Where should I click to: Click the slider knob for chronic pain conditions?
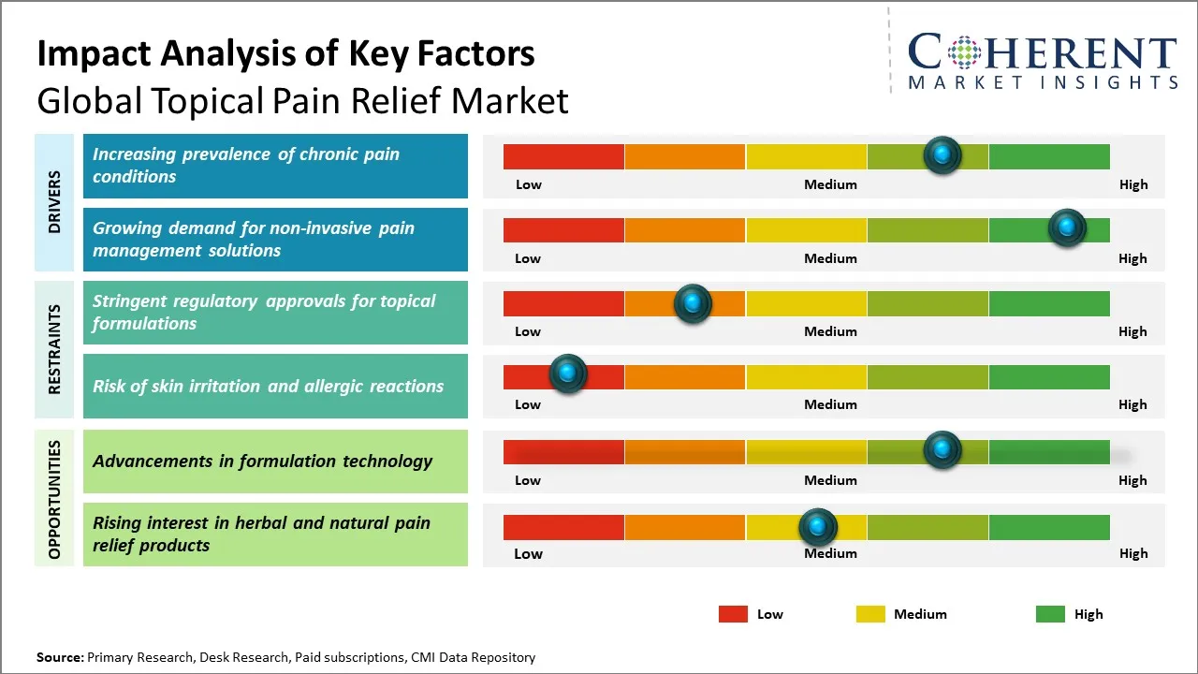(x=942, y=154)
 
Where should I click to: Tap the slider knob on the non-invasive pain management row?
(x=1066, y=227)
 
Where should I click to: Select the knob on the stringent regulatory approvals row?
(x=693, y=303)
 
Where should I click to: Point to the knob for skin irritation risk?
(x=567, y=374)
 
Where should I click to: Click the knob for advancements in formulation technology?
(x=942, y=449)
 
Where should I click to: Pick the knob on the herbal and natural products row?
(x=818, y=528)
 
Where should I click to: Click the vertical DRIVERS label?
(x=54, y=202)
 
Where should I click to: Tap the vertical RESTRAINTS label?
(x=54, y=349)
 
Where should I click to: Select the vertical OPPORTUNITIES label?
(x=54, y=499)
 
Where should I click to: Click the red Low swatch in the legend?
(x=733, y=614)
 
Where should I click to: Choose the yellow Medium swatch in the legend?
(x=870, y=614)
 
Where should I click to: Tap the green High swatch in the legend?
(x=1050, y=614)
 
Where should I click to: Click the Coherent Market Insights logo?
(x=1042, y=60)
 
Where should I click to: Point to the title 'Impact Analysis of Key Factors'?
(x=285, y=53)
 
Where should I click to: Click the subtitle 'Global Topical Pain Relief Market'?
(x=302, y=100)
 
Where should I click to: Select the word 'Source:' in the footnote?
(x=60, y=657)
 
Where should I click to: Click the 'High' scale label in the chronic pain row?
(x=1133, y=184)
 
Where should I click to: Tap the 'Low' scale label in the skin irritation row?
(x=528, y=404)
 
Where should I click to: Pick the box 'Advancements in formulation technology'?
(x=275, y=462)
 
